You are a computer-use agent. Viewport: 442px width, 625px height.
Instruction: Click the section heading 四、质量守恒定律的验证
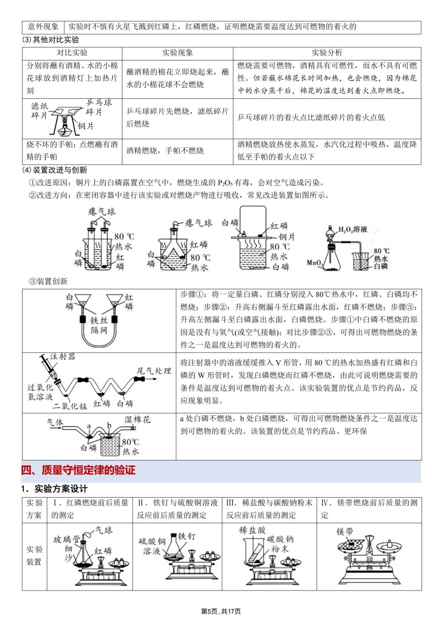78,470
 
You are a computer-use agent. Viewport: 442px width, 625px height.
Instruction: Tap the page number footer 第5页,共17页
221,611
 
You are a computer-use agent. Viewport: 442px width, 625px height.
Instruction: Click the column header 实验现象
177,53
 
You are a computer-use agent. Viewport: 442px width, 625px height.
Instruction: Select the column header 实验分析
327,53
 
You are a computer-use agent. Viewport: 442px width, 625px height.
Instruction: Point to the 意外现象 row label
43,27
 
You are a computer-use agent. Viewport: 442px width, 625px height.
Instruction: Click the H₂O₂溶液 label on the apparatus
353,230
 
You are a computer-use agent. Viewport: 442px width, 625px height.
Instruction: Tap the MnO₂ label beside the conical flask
315,262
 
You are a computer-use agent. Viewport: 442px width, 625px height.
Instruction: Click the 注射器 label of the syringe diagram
63,357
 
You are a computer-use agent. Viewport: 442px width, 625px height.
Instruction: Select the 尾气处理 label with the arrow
153,371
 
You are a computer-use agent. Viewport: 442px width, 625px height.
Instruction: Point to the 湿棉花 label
137,420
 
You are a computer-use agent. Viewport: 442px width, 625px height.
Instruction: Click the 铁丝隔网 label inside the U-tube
99,325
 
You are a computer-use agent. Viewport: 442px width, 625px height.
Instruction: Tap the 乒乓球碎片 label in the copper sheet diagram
98,107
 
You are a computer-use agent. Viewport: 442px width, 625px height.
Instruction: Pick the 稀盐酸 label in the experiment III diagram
252,530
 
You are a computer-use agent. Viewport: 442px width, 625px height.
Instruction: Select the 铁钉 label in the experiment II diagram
187,536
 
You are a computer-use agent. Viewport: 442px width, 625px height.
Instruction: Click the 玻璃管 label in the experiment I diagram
66,539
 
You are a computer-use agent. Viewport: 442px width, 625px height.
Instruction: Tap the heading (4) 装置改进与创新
54,170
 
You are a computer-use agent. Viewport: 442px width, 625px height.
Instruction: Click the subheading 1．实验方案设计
54,489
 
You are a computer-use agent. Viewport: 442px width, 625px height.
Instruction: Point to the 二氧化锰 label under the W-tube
70,406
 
